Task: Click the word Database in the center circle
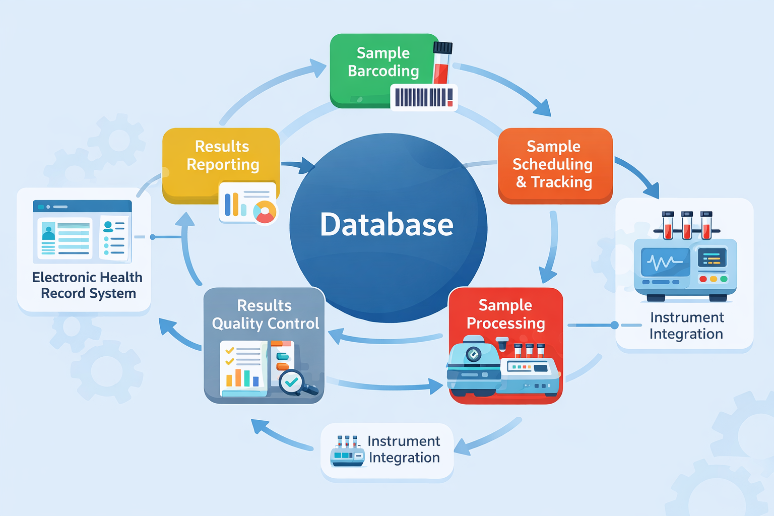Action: point(386,225)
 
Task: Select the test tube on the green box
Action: point(442,63)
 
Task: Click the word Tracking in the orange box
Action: point(561,182)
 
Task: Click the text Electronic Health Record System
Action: point(88,285)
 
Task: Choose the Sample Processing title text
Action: point(505,314)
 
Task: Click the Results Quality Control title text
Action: point(265,314)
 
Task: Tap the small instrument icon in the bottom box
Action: point(347,452)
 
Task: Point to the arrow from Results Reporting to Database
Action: point(298,164)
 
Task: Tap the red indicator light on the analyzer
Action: point(703,279)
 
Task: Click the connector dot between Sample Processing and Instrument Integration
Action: point(614,325)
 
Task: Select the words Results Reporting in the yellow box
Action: point(222,155)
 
